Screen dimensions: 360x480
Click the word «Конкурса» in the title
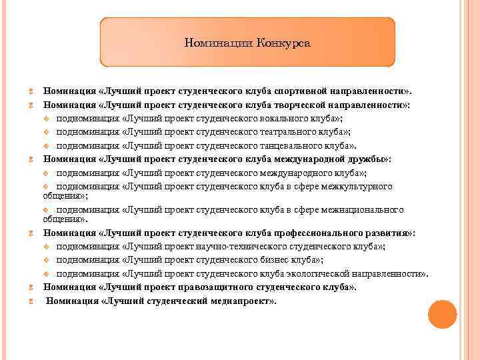tap(285, 43)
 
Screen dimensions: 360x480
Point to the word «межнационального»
tap(364, 209)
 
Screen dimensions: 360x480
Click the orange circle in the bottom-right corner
tap(442, 315)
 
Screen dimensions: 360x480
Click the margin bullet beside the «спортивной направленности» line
tap(31, 91)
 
